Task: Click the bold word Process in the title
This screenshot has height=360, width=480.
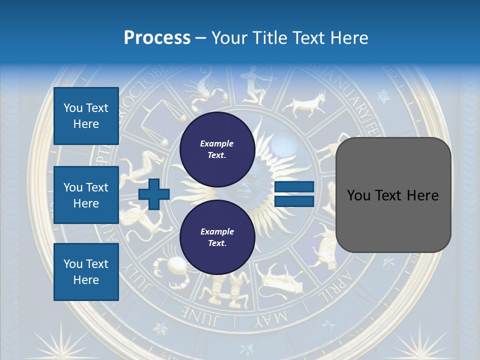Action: coord(157,38)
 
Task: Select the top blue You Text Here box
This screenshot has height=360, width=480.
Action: coord(86,116)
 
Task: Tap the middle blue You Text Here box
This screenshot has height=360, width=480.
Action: coord(86,195)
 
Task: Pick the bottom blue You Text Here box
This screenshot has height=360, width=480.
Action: coord(86,272)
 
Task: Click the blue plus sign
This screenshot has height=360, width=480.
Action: coord(154,194)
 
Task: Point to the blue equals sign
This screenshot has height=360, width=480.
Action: coord(294,194)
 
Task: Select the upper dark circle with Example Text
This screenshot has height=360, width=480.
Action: coord(217,149)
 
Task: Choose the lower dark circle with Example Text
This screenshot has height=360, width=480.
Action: coord(217,237)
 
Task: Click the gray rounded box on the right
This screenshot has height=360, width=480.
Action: coord(393,195)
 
